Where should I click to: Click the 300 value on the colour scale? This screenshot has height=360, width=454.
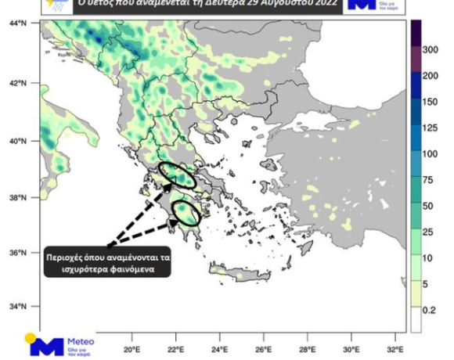click(430, 49)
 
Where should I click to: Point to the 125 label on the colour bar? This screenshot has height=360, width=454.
click(430, 128)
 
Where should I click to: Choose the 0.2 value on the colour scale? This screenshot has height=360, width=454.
click(430, 310)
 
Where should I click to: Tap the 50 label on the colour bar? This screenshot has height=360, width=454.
click(430, 206)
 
